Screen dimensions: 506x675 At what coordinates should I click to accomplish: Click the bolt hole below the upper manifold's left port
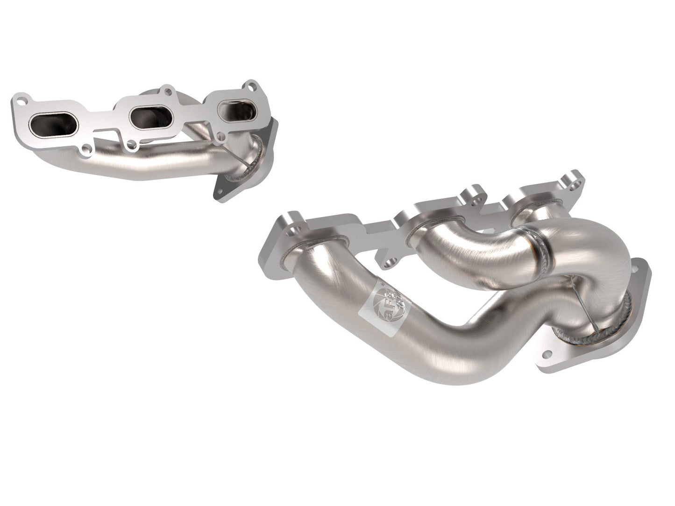coord(87,150)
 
